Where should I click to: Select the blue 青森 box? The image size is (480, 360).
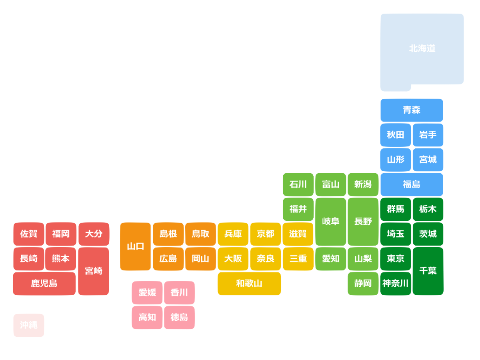point(412,110)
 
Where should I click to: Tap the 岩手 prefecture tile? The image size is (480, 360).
point(428,135)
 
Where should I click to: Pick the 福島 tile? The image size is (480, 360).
point(412,184)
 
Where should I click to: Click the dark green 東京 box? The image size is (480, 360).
point(396,259)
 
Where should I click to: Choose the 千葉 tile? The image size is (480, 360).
point(428,271)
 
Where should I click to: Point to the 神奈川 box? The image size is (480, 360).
point(396,284)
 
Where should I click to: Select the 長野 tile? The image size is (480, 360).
point(363,221)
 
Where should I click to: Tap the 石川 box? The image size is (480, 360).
point(298,184)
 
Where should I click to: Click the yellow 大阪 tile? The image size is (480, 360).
point(233,259)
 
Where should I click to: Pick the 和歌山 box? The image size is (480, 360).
point(249,284)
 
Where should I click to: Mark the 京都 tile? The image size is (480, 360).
point(266,234)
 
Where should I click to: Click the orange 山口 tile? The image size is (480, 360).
point(136,246)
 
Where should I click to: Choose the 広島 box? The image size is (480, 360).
point(168,259)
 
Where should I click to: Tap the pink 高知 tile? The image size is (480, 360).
point(147,318)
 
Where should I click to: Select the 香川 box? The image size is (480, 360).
point(179,293)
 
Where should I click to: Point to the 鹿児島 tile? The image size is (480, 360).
point(44,284)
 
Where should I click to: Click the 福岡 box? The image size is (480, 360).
point(61,234)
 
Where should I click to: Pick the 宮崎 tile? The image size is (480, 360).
point(94,271)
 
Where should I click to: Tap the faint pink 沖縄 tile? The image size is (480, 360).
point(29,325)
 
